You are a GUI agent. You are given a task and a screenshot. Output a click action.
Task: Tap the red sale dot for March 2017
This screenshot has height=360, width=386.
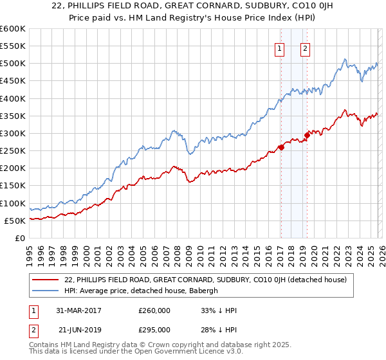(x=281, y=147)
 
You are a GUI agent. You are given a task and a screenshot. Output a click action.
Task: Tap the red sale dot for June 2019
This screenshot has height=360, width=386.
(x=307, y=135)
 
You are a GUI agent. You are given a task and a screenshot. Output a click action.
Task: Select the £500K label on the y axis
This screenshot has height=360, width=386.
(x=13, y=64)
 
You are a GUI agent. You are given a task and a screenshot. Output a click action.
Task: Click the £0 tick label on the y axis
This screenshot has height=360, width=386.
(x=19, y=238)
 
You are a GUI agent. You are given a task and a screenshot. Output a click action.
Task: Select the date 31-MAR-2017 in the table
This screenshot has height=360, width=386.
(x=79, y=310)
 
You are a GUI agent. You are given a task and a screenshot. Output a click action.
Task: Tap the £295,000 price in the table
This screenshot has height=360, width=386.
(x=154, y=329)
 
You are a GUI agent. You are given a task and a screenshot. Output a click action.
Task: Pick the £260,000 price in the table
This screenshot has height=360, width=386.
(x=154, y=310)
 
